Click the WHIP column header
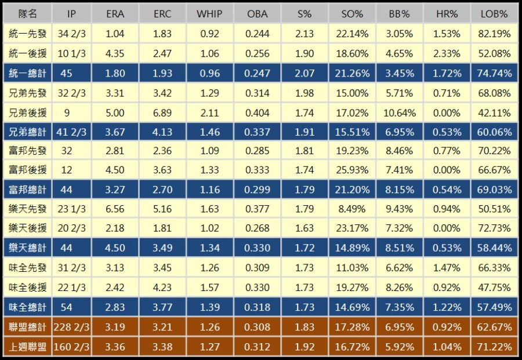click(x=209, y=14)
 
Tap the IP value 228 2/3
click(x=72, y=328)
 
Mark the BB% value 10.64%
click(x=401, y=112)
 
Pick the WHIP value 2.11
click(x=209, y=112)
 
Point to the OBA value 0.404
click(x=257, y=112)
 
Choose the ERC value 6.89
click(x=162, y=112)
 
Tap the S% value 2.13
click(x=304, y=34)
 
